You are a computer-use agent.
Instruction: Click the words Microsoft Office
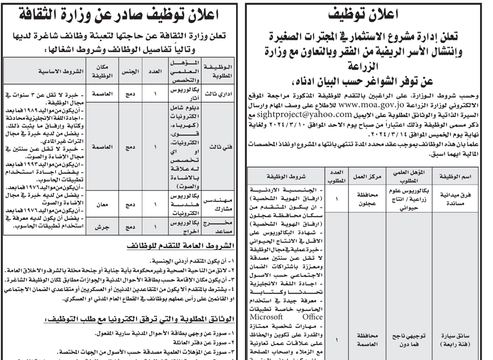click(x=286, y=317)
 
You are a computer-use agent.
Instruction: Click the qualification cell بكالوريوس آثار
click(x=181, y=93)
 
